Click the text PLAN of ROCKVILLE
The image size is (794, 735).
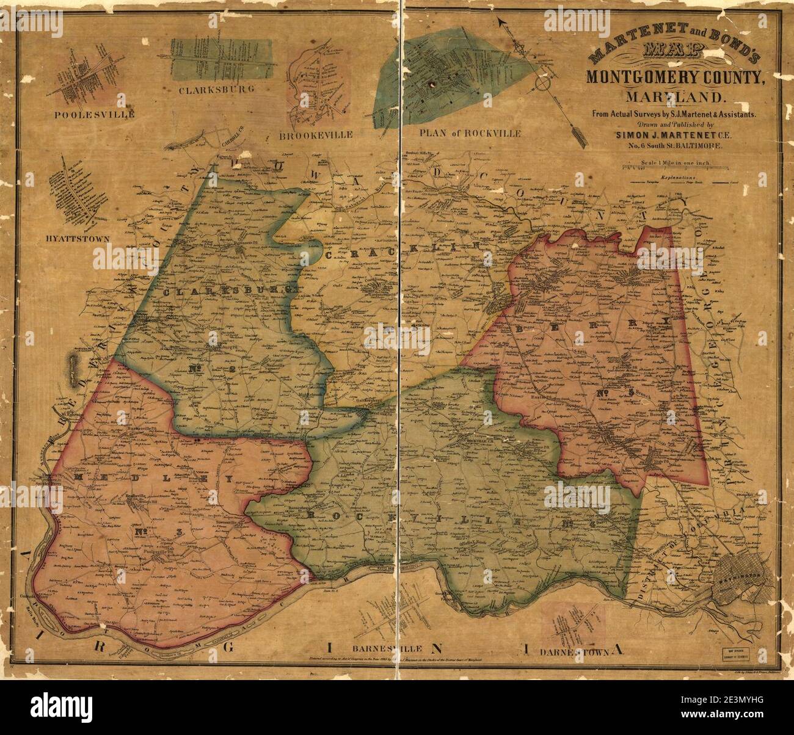pos(470,132)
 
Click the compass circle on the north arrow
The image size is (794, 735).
pos(543,82)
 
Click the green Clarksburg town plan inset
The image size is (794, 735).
pos(221,59)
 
